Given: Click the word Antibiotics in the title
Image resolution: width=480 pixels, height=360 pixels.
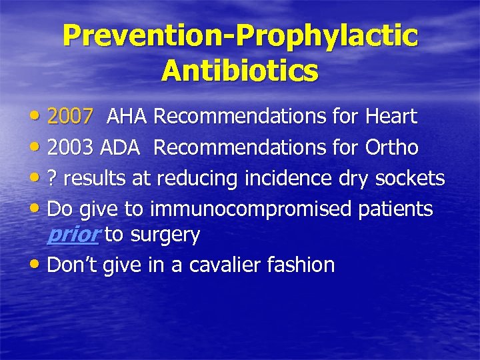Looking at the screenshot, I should click(239, 69).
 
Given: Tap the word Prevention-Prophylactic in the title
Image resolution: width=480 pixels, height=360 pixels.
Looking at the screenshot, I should click(240, 36).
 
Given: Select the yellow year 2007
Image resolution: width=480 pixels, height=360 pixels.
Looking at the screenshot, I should click(70, 117).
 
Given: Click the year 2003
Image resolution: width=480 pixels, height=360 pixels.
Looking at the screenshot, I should click(70, 147).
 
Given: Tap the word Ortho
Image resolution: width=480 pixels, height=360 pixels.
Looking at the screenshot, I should click(392, 147).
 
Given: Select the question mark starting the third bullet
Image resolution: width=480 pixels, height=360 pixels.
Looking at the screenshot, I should click(53, 179).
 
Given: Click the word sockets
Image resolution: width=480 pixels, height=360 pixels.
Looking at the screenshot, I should click(410, 179).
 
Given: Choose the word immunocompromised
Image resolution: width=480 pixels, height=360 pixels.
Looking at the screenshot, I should click(251, 209).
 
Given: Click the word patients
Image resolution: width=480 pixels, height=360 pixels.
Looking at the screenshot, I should click(395, 209).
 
